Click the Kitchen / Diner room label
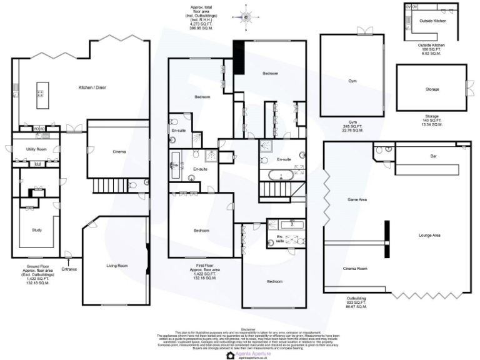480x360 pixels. [92, 87]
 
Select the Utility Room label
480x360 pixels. [36, 149]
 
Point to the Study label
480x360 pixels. [37, 230]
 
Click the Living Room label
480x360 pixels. [117, 266]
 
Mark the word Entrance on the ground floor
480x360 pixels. [69, 269]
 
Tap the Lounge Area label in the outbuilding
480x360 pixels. [429, 235]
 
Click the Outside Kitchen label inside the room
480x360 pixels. [433, 21]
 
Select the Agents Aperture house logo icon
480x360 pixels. [231, 355]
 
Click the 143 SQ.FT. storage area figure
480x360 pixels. [431, 121]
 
